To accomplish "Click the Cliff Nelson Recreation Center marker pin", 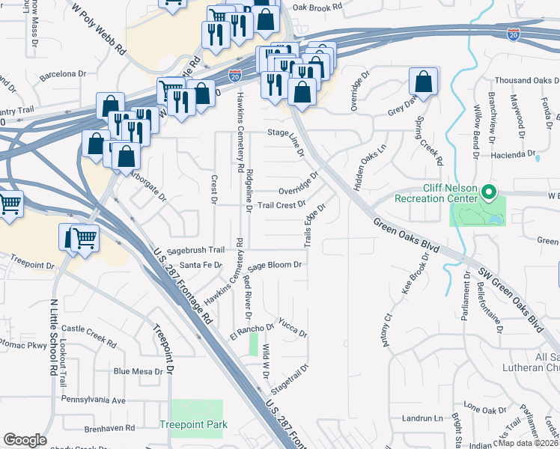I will (x=490, y=193).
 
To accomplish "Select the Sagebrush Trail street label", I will (x=196, y=250).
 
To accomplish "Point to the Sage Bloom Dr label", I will (x=275, y=265).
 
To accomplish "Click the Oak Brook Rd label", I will (x=317, y=6).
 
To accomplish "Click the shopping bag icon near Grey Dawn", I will (x=423, y=84).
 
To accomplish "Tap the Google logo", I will (x=25, y=439).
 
